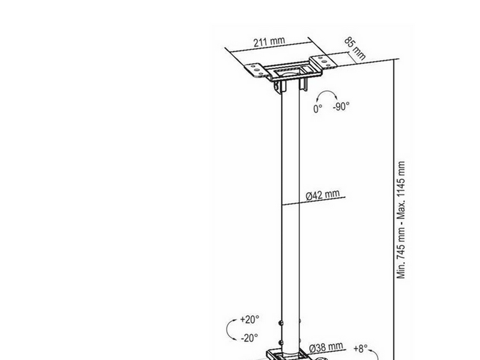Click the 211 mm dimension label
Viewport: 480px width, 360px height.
coord(269,41)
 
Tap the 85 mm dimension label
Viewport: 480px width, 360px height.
coord(355,49)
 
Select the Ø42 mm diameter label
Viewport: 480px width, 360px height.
coord(323,195)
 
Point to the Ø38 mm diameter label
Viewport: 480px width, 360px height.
coord(326,348)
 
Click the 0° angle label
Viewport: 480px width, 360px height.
coord(318,109)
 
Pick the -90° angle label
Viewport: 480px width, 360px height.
coord(341,107)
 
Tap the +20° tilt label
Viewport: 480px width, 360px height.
coord(250,319)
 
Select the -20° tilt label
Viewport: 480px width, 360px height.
coord(249,338)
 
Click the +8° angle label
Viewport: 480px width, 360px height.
coord(361,349)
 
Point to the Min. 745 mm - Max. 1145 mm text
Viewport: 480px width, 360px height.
coord(401,220)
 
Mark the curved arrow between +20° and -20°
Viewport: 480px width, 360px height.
coord(227,329)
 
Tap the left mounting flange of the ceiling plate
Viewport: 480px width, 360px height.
coord(257,70)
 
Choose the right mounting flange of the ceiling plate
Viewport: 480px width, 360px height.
coord(323,62)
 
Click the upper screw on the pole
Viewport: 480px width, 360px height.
coord(280,323)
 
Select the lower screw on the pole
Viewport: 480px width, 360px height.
coord(280,343)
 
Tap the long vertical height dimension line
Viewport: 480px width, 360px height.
coord(394,209)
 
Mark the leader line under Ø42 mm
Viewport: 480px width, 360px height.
coord(313,201)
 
